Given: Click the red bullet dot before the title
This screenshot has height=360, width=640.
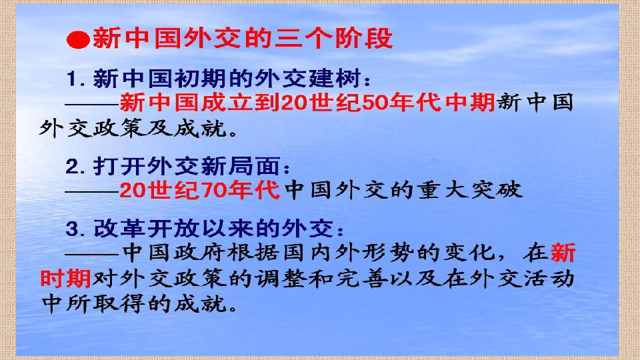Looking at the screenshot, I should click(x=79, y=41).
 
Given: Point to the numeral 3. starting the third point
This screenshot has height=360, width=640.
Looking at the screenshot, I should click(x=75, y=229).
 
